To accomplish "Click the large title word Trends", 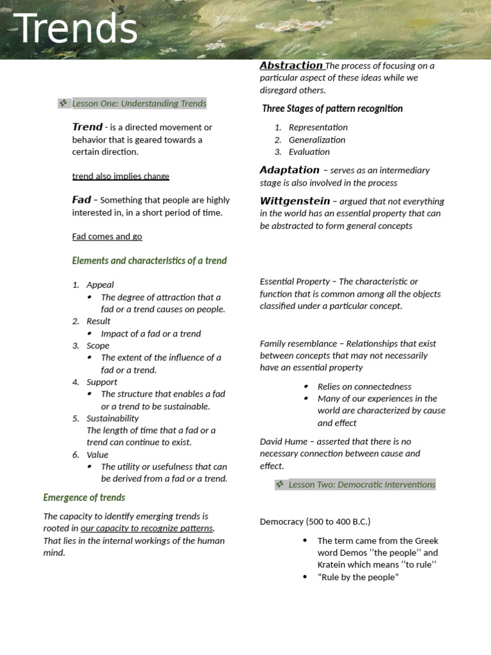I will tap(75, 29).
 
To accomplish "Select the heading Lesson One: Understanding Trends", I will tap(139, 103).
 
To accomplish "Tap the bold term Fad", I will tap(81, 200).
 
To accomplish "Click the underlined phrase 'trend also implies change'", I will tap(120, 176).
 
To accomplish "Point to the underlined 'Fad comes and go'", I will tap(107, 237).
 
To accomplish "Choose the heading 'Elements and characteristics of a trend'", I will tap(149, 260).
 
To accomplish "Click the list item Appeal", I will tap(100, 285).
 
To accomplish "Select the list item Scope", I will tap(98, 345).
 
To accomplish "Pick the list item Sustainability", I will tap(113, 418).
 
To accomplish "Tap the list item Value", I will tap(97, 455).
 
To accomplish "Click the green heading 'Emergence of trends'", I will tap(84, 497).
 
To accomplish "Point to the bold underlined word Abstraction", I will tap(291, 65).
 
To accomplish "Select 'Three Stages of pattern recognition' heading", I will tap(332, 108).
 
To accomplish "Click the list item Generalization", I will tap(316, 139).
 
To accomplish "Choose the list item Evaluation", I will tap(309, 152).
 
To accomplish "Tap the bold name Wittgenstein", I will tap(295, 201).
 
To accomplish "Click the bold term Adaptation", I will tap(289, 170).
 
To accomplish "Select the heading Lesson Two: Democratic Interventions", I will tap(361, 484).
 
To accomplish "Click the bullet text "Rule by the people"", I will tap(357, 577).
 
